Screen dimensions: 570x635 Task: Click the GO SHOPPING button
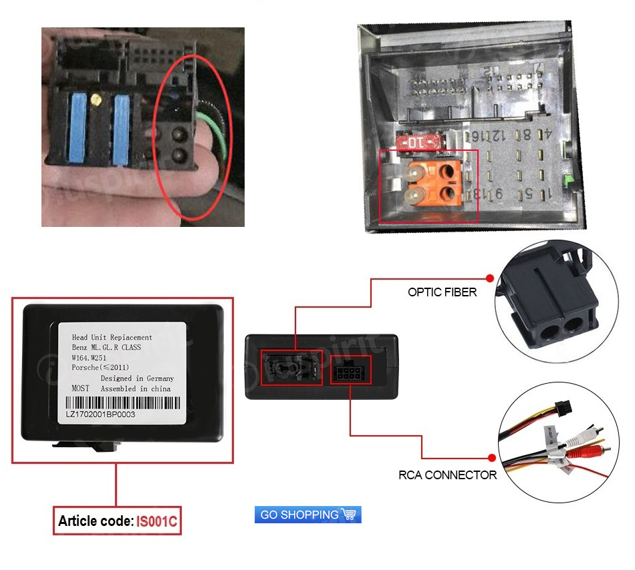pyautogui.click(x=307, y=515)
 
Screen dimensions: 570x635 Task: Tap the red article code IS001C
pyautogui.click(x=157, y=521)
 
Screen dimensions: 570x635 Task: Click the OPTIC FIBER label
pyautogui.click(x=442, y=292)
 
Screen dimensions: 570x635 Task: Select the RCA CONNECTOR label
pyautogui.click(x=448, y=475)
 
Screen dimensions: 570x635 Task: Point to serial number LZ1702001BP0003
pyautogui.click(x=100, y=414)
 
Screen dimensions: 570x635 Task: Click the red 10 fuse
pyautogui.click(x=415, y=142)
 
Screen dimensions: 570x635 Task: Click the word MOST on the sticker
pyautogui.click(x=80, y=388)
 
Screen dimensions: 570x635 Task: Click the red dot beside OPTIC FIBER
pyautogui.click(x=489, y=278)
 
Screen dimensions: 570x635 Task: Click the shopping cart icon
pyautogui.click(x=350, y=515)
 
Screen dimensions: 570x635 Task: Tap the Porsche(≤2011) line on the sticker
pyautogui.click(x=101, y=368)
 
